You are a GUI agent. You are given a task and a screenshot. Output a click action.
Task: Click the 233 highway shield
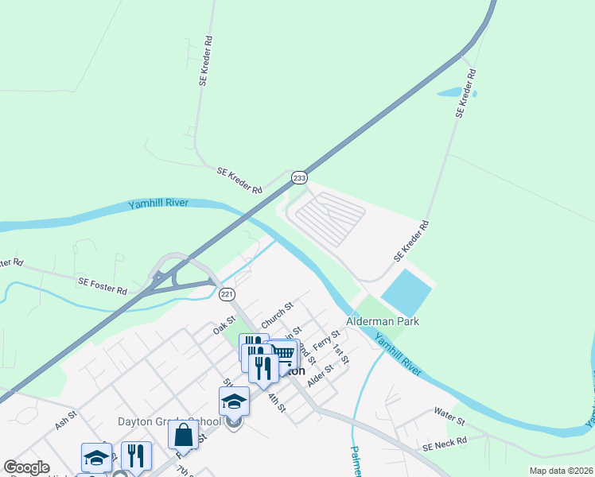click(x=299, y=178)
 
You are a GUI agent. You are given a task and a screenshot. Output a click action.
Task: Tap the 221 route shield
click(x=227, y=294)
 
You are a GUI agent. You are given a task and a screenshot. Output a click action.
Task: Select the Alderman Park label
click(x=383, y=322)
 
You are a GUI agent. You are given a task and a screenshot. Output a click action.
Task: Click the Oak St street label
click(x=224, y=326)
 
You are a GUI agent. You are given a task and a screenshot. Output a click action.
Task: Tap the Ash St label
click(x=66, y=420)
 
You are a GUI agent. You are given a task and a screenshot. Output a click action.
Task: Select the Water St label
click(x=448, y=413)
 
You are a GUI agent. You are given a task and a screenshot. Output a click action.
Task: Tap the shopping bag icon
click(x=183, y=435)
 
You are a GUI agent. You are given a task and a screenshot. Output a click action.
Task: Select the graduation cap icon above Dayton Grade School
click(x=235, y=400)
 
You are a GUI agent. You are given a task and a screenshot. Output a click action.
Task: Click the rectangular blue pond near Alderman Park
click(x=406, y=292)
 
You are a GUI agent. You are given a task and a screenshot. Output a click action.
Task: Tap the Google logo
click(x=26, y=467)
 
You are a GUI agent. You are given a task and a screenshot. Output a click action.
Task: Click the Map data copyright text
click(x=561, y=471)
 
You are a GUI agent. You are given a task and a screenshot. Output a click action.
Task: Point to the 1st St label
click(x=340, y=355)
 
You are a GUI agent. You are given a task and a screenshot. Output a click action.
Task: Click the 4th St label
click(x=276, y=402)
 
